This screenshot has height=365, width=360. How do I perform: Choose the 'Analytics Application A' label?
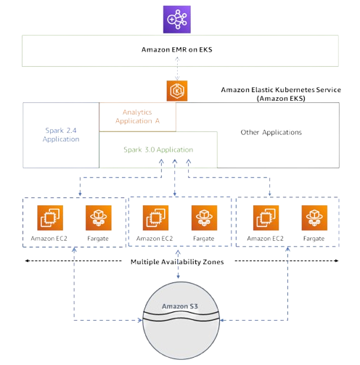coord(137,117)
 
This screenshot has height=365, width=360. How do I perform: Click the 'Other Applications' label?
coord(271,133)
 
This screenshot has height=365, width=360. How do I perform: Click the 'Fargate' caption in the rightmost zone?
coord(313,238)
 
